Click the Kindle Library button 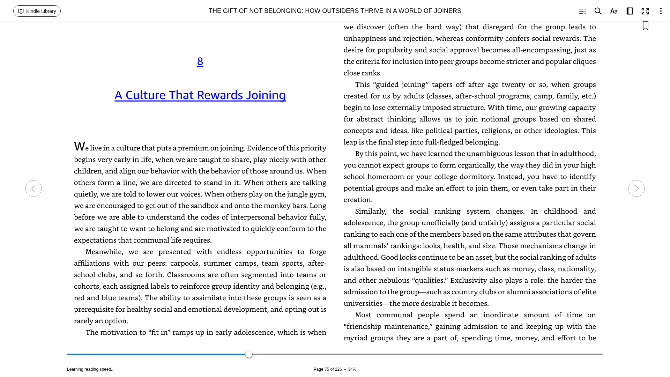[x=37, y=11]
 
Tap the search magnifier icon [x=598, y=11]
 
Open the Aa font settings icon [x=614, y=11]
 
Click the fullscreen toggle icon [x=645, y=11]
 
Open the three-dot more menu [x=661, y=11]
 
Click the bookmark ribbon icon [x=646, y=26]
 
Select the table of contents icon [x=582, y=11]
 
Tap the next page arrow [x=636, y=188]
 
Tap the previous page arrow [x=33, y=188]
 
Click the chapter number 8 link [x=200, y=61]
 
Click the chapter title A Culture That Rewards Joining [x=200, y=95]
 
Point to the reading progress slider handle [x=249, y=354]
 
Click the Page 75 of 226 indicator [x=327, y=369]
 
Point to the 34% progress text [x=352, y=369]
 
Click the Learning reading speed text [x=91, y=369]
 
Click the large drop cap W [x=79, y=147]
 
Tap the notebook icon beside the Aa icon [x=630, y=11]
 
